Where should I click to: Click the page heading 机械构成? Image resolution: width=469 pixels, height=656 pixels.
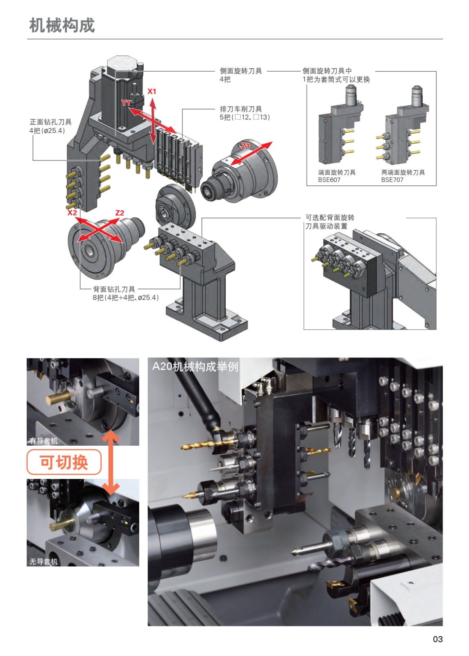[62, 25]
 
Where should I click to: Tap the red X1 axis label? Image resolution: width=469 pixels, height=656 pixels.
[152, 91]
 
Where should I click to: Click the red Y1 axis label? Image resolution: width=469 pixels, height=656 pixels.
[126, 102]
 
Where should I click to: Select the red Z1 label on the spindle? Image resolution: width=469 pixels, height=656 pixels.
[245, 146]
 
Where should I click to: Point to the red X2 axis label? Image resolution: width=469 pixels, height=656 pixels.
[72, 212]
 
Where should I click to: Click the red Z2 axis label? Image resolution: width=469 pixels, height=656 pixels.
[120, 212]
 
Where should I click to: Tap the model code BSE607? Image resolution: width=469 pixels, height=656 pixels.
[329, 180]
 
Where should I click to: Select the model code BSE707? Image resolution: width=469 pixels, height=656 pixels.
[392, 180]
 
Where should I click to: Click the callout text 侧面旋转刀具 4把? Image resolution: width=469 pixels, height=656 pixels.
[241, 75]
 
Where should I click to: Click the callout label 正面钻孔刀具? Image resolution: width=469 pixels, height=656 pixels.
[50, 122]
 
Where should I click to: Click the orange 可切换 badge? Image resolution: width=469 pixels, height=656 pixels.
[64, 462]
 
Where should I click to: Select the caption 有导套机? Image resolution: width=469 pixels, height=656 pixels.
[43, 441]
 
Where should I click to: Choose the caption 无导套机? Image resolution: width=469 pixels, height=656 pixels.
[43, 561]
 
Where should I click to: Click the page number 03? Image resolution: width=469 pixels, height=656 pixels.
[437, 639]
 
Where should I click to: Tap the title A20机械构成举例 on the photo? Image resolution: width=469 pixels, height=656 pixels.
[195, 366]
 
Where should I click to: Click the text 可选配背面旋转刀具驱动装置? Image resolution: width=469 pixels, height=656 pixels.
[330, 222]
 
